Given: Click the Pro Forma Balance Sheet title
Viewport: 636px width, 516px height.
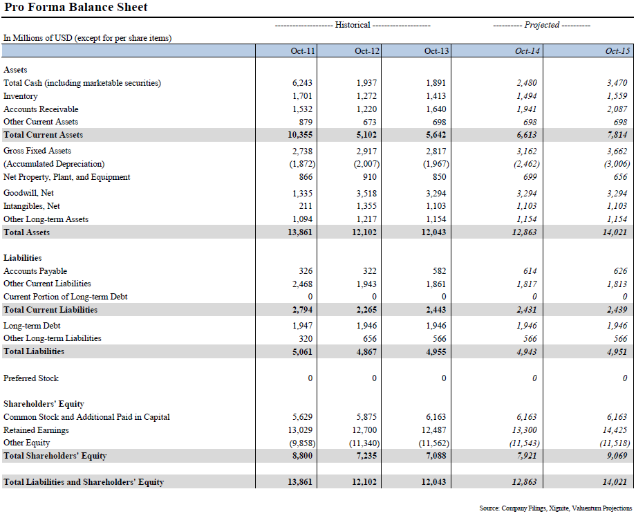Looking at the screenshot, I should click(76, 8).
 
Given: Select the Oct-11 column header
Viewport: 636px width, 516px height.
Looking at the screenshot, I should click(303, 51).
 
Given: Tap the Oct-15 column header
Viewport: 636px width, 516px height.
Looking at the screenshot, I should click(617, 51).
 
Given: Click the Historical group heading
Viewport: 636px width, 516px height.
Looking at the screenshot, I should click(353, 25).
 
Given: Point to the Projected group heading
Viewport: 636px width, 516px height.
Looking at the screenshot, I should click(541, 25).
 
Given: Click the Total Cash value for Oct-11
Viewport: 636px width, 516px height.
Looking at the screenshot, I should click(302, 83).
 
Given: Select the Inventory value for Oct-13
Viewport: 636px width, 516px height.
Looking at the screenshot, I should click(436, 96).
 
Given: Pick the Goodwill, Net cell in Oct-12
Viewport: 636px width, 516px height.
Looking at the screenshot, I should click(366, 193).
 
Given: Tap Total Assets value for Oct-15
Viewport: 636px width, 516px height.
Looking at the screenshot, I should click(615, 232).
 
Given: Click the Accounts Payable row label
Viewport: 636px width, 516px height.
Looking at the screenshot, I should click(35, 271).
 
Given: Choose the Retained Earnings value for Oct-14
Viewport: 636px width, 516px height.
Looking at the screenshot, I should click(526, 430).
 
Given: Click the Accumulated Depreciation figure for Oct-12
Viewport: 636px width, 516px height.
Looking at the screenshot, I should click(366, 164).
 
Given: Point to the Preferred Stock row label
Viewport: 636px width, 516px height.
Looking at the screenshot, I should click(31, 378).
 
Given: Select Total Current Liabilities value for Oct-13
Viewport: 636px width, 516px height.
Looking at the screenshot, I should click(435, 310).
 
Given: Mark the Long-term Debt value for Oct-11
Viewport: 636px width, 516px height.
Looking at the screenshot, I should click(302, 325).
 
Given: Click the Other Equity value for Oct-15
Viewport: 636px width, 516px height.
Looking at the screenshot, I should click(614, 443).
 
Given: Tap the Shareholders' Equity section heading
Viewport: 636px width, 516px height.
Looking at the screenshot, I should click(44, 404).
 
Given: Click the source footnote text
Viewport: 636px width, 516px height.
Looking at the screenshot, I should click(555, 508).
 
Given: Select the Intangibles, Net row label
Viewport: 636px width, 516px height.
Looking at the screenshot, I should click(32, 206).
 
